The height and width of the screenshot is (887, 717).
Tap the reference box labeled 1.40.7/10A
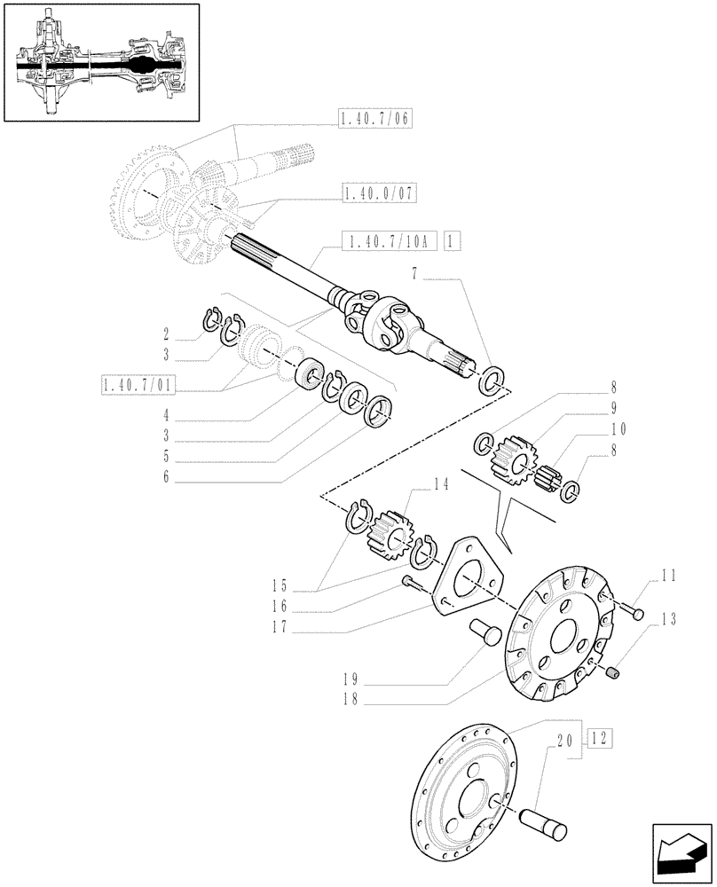pyautogui.click(x=390, y=239)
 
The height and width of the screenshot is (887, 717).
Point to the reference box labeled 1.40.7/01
pyautogui.click(x=139, y=385)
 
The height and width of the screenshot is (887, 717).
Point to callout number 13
pyautogui.click(x=666, y=618)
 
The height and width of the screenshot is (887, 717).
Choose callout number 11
pyautogui.click(x=666, y=575)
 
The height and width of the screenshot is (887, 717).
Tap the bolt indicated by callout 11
pyautogui.click(x=633, y=611)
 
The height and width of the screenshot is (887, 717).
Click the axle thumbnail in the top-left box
pyautogui.click(x=99, y=63)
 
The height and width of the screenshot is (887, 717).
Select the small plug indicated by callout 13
pyautogui.click(x=611, y=677)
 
